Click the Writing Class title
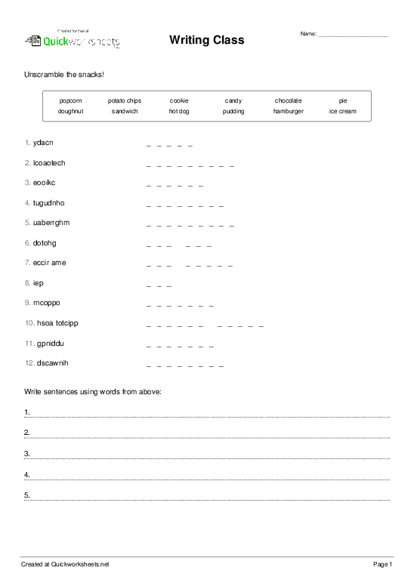pos(206,39)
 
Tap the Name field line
pos(353,35)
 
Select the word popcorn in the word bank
pos(70,100)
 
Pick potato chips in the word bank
pos(124,100)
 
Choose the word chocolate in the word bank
pos(288,100)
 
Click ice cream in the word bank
pos(342,111)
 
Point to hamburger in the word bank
pos(288,111)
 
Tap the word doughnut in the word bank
pos(70,111)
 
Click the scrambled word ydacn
pos(43,143)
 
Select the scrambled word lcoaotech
pos(50,162)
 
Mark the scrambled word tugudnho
pos(49,202)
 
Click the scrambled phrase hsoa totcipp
pos(57,323)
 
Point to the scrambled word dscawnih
pos(52,363)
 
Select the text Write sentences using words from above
pos(93,392)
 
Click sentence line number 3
pos(208,455)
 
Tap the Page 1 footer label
pos(383,565)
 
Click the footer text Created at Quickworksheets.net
pos(65,565)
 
